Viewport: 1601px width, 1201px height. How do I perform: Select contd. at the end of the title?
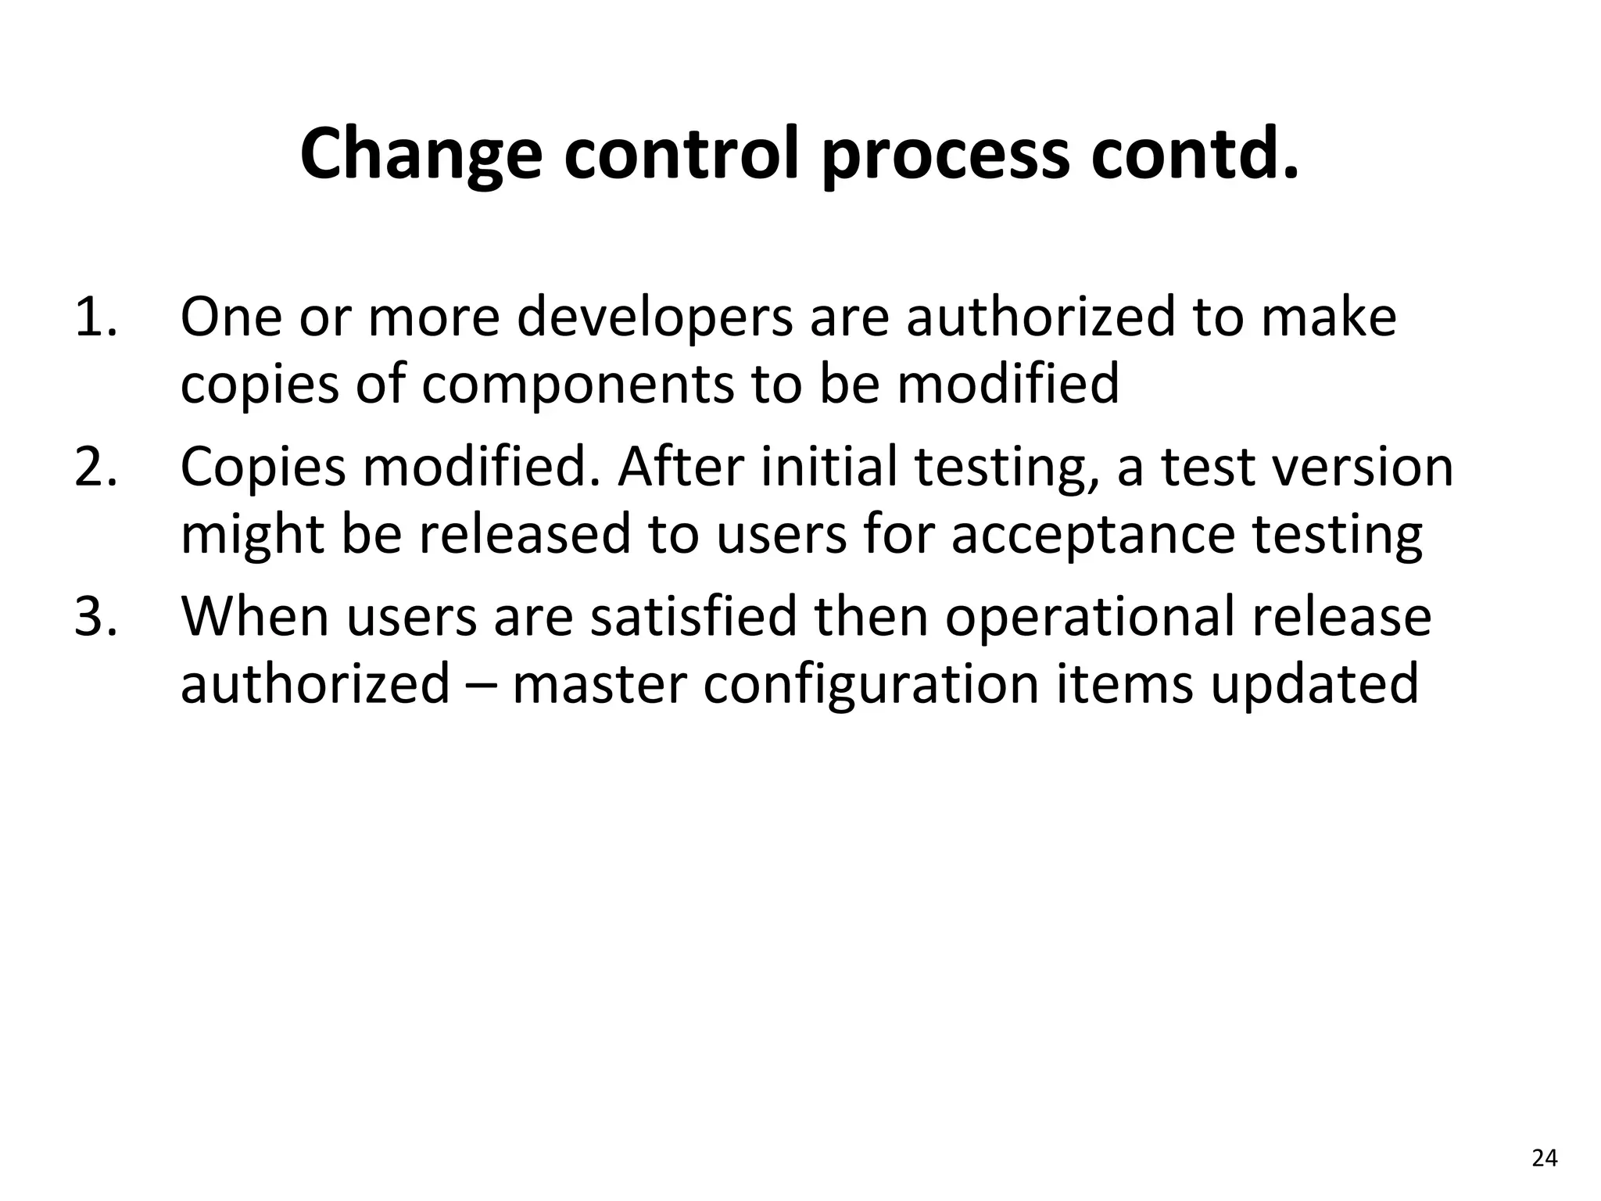[1195, 154]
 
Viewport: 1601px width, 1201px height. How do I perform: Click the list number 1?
[95, 317]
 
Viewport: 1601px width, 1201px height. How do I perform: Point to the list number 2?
[95, 467]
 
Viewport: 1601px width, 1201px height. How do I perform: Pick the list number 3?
[95, 616]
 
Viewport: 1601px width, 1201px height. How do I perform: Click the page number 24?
[1544, 1158]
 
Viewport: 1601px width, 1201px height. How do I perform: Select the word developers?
[654, 317]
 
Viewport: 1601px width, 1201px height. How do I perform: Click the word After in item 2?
[678, 467]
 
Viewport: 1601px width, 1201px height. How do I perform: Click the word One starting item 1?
[231, 317]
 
